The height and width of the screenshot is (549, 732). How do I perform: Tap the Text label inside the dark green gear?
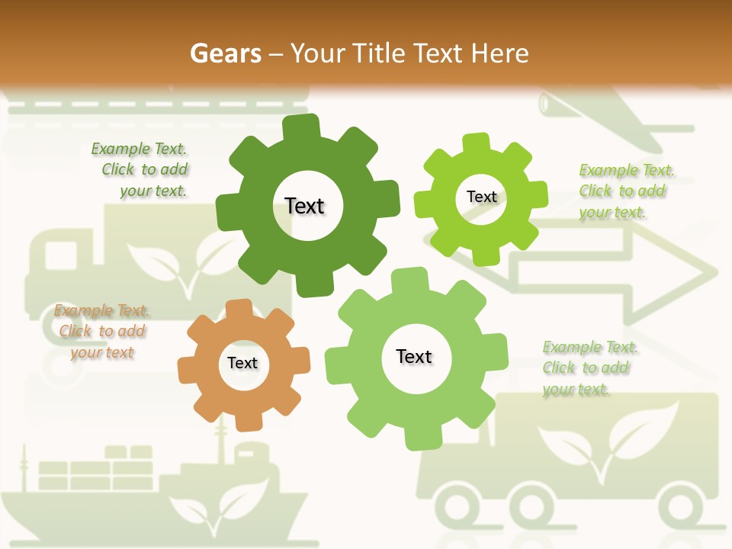pyautogui.click(x=305, y=206)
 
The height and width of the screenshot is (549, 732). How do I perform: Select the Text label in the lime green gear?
pyautogui.click(x=481, y=197)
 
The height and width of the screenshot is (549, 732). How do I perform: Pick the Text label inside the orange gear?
pyautogui.click(x=242, y=363)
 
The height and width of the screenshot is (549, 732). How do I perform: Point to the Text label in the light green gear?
pyautogui.click(x=414, y=356)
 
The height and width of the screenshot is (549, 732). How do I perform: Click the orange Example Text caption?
pyautogui.click(x=101, y=332)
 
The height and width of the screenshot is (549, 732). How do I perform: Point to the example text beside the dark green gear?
pyautogui.click(x=142, y=170)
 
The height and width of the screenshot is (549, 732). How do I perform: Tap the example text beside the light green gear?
pyautogui.click(x=589, y=368)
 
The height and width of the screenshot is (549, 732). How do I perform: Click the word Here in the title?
pyautogui.click(x=499, y=53)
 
